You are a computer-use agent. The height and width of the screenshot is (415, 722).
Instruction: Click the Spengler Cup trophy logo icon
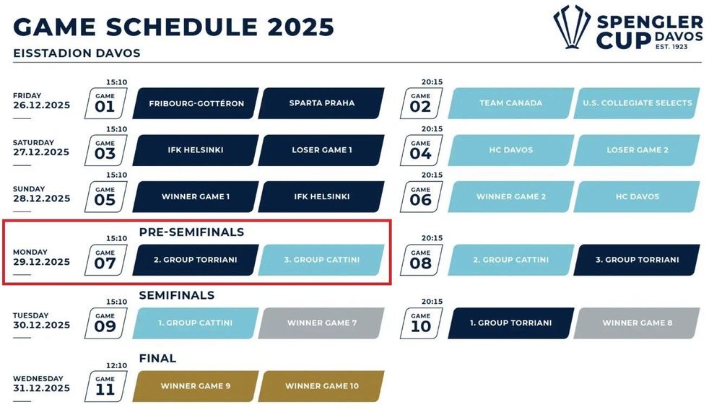pos(571,27)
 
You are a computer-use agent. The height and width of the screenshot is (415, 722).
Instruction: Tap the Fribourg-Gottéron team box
pos(196,103)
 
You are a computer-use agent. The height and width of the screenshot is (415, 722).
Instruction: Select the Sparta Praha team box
pos(321,103)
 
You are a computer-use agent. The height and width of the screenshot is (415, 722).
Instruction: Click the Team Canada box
pos(511,103)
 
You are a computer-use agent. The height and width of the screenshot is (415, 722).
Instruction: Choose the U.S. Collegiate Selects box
pos(637,103)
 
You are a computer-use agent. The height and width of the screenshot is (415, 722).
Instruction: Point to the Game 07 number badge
pos(105,260)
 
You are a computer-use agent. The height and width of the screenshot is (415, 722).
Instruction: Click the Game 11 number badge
pos(105,386)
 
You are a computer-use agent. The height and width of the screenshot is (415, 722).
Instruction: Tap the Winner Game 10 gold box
pos(321,386)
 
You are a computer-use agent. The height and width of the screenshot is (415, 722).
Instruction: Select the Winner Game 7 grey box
pos(321,323)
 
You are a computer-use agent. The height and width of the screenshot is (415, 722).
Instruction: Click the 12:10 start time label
pos(116,365)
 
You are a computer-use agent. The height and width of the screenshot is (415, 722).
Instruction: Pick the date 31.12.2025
pos(41,388)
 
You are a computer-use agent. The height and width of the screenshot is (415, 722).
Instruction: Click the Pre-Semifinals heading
pos(191,232)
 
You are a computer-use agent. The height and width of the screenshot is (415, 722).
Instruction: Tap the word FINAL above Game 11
pos(157,358)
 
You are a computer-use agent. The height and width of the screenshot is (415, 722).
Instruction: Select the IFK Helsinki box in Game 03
pos(196,150)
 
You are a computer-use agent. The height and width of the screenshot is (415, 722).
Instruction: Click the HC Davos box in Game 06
pos(637,196)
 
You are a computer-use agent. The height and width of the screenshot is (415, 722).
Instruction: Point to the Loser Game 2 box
pos(637,150)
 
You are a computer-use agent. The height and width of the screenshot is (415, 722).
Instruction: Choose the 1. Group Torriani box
pos(511,323)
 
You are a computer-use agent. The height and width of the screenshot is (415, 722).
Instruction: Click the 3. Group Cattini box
pos(321,260)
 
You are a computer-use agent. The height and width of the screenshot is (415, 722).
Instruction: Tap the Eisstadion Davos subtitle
pos(77,53)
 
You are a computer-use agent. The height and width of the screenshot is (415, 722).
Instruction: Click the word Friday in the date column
pos(27,96)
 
